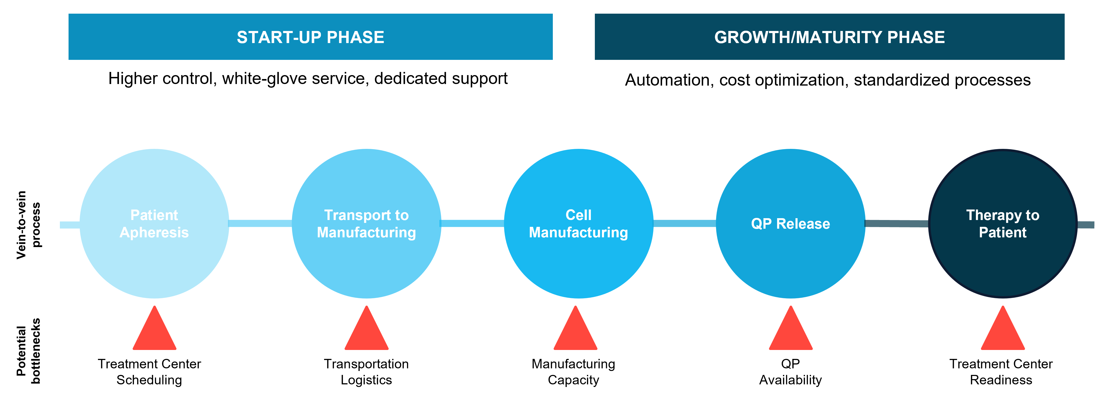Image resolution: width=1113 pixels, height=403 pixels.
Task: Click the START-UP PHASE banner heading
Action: tap(310, 37)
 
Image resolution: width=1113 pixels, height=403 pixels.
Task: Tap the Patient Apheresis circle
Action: tap(154, 224)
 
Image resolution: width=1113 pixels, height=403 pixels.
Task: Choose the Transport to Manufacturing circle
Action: tap(366, 224)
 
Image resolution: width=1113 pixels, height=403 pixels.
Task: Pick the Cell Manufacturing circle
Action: tap(579, 224)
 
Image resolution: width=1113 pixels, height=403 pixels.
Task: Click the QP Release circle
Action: tap(791, 224)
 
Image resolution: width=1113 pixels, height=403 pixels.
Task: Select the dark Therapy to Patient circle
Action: tap(1003, 224)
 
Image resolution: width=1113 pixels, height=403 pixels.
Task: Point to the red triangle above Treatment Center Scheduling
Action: tap(154, 328)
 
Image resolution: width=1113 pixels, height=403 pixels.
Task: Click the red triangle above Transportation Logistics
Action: tap(366, 328)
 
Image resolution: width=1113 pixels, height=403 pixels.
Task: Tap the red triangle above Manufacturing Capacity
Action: tap(575, 328)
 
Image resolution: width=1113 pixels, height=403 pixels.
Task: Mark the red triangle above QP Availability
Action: tap(791, 328)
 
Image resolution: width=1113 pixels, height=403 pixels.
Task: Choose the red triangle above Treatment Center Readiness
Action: tap(1003, 328)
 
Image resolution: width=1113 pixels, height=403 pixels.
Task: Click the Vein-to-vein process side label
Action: tap(29, 225)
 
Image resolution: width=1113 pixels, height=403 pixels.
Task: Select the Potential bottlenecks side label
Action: tap(29, 351)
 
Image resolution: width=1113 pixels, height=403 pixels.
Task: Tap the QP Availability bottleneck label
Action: tap(791, 372)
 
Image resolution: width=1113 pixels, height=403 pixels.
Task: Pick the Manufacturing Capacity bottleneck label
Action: tap(573, 372)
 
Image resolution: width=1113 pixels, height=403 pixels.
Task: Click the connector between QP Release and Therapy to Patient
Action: tap(897, 223)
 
